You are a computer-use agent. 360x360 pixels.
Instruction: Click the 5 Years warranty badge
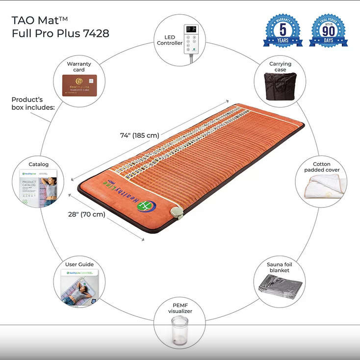coord(283,30)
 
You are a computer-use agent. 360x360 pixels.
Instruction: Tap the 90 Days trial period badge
coord(329,30)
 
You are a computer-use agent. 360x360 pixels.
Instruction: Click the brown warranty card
coord(79,85)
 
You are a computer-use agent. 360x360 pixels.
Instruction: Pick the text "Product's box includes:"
coord(33,103)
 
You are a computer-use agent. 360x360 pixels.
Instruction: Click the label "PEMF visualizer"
coord(180,308)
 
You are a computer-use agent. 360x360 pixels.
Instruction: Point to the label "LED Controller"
coord(169,40)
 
